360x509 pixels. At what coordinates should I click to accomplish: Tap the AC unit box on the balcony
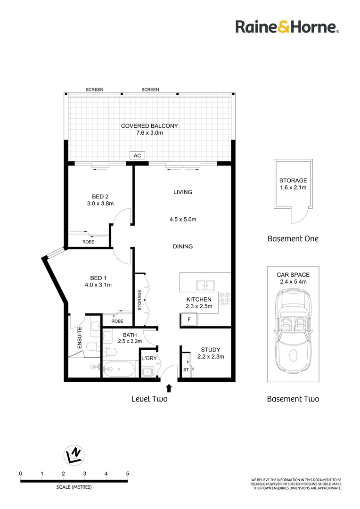point(138,156)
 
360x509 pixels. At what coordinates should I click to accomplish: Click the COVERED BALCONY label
point(149,126)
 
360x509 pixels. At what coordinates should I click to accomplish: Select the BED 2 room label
point(100,197)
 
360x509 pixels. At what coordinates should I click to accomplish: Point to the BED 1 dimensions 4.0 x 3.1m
point(98,285)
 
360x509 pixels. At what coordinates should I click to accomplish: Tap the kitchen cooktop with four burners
point(224,298)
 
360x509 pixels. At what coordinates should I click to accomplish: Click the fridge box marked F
point(189,320)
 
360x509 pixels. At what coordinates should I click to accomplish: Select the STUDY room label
point(210,349)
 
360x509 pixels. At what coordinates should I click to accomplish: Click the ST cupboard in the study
point(186,369)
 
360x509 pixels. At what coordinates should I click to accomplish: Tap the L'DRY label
point(149,359)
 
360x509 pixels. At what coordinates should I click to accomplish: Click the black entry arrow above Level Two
point(169,388)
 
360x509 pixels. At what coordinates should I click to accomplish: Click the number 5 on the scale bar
point(128,473)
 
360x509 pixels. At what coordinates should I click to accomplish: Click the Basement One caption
point(293,238)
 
